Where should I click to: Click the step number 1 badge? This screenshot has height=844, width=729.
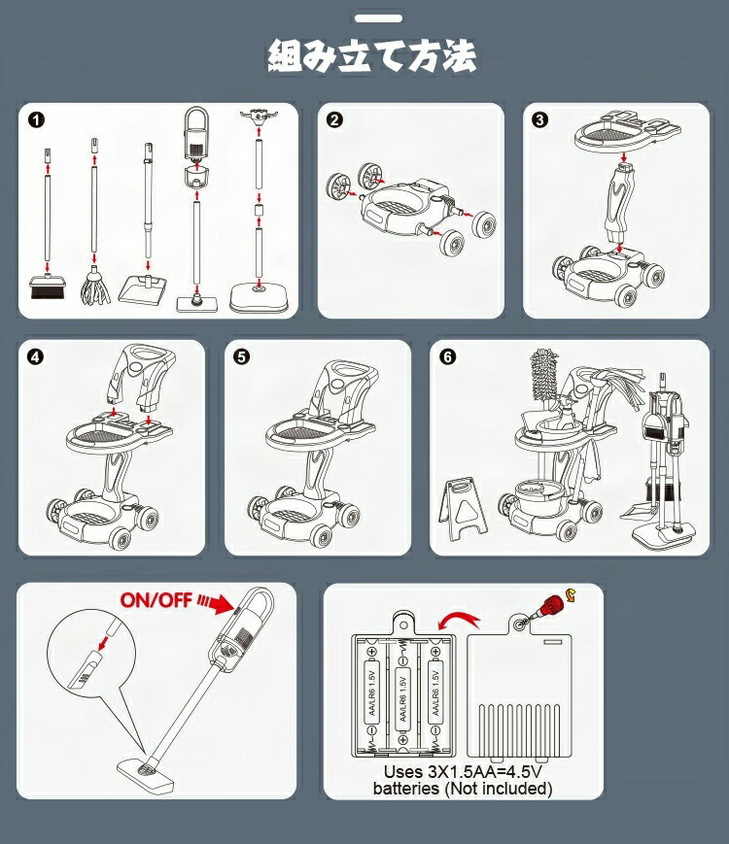(37, 119)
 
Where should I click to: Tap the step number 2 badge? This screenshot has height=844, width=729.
(334, 119)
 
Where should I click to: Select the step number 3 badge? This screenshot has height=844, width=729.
(539, 119)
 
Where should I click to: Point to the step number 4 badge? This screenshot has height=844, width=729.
(36, 356)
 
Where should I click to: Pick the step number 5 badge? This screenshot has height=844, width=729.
(242, 356)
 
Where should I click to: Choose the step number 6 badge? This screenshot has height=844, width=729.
(448, 356)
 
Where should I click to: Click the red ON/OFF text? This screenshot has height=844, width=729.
(156, 599)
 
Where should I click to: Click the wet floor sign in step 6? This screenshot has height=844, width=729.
(463, 509)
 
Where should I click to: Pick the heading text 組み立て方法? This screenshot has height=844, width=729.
(372, 56)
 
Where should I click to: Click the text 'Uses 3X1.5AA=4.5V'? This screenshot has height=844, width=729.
(463, 772)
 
